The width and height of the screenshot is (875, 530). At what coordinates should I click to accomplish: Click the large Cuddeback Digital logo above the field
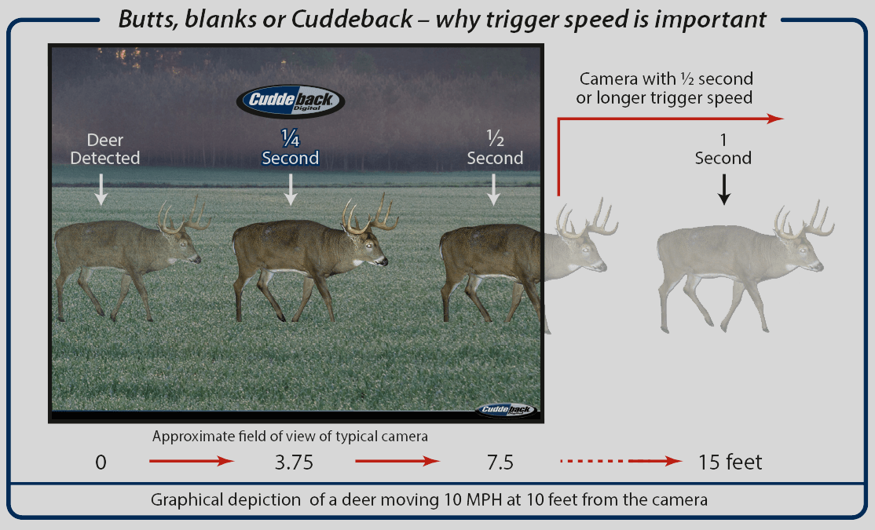point(290,101)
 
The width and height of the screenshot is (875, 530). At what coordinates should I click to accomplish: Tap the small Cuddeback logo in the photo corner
point(506,410)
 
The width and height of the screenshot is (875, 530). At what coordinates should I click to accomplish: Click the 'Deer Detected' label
point(105,149)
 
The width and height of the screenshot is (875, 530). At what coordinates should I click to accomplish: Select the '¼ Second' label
point(290,148)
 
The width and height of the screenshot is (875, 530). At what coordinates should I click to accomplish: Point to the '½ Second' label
point(495,148)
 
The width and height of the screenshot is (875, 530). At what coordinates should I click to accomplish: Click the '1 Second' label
point(723,149)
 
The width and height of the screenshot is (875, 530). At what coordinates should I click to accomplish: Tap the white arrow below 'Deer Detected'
point(101,189)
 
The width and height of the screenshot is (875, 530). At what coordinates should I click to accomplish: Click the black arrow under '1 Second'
point(723,189)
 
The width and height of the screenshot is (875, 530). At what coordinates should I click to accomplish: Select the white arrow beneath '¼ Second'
point(290,189)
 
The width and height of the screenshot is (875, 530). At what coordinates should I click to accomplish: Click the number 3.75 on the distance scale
point(294,462)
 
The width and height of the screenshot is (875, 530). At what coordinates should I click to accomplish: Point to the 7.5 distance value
point(500,462)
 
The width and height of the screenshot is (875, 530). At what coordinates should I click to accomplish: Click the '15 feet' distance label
point(730,462)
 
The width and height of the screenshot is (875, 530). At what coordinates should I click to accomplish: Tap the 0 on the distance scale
point(101,462)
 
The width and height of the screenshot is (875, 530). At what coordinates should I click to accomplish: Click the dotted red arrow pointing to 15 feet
point(621,461)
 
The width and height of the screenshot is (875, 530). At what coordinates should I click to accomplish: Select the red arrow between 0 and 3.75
point(192,461)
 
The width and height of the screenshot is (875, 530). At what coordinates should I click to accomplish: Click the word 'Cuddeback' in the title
point(352,20)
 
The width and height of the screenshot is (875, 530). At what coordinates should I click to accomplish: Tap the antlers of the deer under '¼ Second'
point(370,214)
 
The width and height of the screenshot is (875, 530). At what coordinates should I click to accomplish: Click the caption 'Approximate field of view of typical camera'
point(290,437)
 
